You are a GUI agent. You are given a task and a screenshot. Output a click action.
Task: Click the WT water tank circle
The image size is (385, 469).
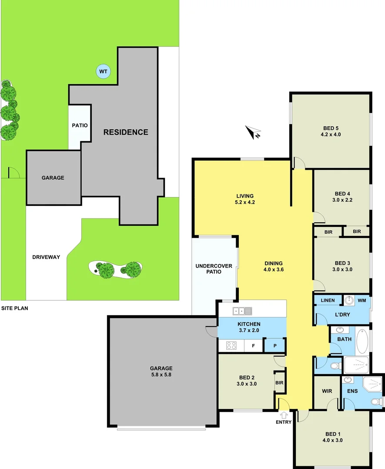pyautogui.click(x=103, y=71)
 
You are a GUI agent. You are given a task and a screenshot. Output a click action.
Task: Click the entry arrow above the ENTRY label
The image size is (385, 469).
pyautogui.click(x=284, y=415)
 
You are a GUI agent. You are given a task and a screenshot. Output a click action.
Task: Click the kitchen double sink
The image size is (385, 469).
pyautogui.click(x=242, y=310)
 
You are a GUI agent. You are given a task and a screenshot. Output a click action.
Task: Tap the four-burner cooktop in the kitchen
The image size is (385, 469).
pyautogui.click(x=231, y=346)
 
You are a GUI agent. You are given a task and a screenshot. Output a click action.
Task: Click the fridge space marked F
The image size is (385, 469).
pyautogui.click(x=253, y=346)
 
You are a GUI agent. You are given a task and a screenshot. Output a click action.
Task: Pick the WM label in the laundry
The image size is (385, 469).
pyautogui.click(x=362, y=300)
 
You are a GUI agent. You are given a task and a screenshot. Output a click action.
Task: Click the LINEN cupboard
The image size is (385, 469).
pyautogui.click(x=328, y=300)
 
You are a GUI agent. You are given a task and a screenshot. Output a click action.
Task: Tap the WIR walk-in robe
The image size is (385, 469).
pyautogui.click(x=327, y=391)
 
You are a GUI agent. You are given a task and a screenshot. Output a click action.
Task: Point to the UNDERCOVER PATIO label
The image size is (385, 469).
pyautogui.click(x=214, y=269)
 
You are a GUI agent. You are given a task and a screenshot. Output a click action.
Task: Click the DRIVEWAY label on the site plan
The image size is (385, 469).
pyautogui.click(x=46, y=257)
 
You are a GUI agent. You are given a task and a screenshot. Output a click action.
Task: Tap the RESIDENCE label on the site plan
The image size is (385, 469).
pyautogui.click(x=126, y=132)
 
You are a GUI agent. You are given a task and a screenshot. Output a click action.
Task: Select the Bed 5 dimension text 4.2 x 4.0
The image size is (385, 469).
pyautogui.click(x=331, y=135)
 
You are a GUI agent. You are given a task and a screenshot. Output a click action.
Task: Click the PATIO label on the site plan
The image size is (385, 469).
pyautogui.click(x=80, y=126)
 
